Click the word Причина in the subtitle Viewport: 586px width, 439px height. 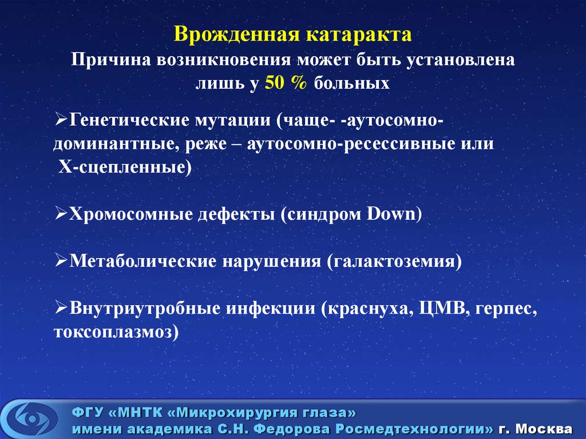click(109, 60)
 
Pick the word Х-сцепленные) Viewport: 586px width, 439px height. click(125, 167)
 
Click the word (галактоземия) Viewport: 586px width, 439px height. click(394, 262)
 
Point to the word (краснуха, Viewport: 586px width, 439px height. click(365, 309)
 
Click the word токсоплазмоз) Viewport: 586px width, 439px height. click(116, 332)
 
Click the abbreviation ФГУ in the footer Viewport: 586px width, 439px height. click(86, 412)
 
